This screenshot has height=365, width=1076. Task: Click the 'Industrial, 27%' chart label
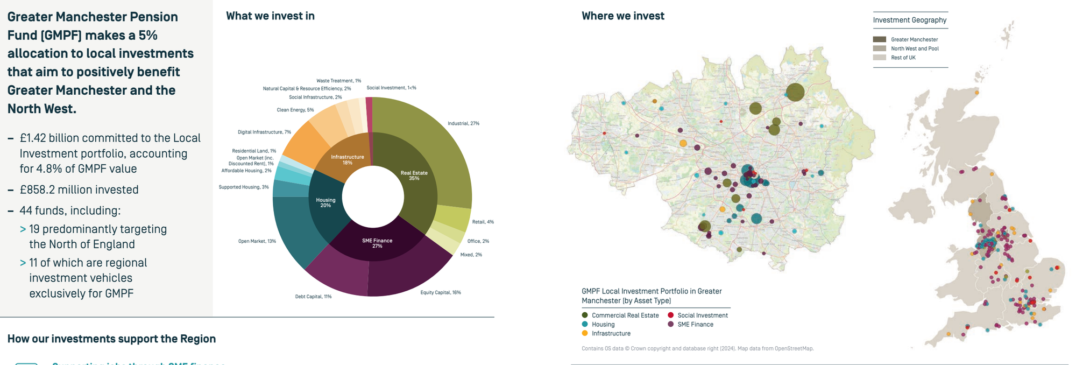(463, 123)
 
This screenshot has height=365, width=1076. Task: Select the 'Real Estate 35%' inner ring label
(414, 176)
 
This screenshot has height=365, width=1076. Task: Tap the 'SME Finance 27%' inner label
(377, 243)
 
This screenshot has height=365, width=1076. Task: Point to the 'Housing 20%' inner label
(325, 202)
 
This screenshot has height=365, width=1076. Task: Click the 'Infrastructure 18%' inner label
(348, 159)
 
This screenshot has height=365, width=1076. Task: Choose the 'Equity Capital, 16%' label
(440, 292)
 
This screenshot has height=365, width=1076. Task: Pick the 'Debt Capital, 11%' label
(313, 297)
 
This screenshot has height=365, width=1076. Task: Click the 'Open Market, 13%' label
(257, 241)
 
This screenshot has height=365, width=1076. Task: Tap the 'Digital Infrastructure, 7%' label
(264, 132)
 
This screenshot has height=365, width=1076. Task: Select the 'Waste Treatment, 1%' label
(338, 81)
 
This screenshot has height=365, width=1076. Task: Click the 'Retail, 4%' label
(483, 222)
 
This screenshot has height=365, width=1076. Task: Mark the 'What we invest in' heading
(270, 16)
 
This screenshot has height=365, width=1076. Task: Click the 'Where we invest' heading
(622, 16)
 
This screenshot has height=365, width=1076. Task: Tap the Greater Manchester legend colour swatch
(879, 39)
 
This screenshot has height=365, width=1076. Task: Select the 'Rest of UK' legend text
(903, 58)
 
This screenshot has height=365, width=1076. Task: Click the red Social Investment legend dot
(670, 315)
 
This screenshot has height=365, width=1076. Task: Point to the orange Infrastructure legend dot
(585, 333)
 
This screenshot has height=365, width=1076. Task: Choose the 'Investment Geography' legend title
(909, 20)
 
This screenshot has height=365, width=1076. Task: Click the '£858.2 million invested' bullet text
(79, 189)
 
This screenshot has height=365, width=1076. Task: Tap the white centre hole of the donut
(373, 196)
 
